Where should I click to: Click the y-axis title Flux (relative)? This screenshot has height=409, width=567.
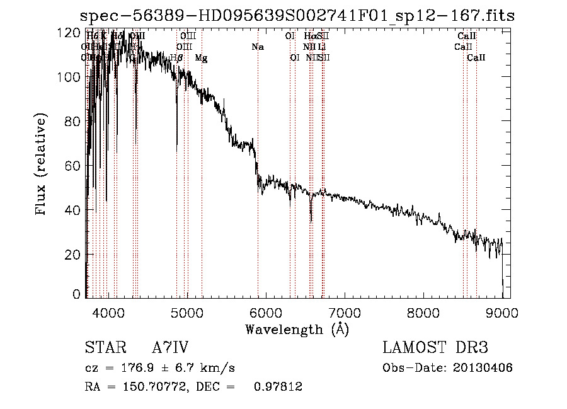[42, 165]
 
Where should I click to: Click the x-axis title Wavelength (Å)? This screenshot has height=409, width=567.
[297, 329]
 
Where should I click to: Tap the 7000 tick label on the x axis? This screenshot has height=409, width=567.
[345, 313]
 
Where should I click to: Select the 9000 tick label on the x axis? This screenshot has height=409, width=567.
[502, 313]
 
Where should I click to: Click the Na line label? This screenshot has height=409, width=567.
[257, 47]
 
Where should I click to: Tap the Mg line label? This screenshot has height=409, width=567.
[201, 58]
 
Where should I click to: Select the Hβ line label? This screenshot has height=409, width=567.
[176, 58]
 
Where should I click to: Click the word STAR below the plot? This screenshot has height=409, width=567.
[105, 348]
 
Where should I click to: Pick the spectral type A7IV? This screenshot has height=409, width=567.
[170, 348]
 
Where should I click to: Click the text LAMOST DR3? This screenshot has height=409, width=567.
[435, 348]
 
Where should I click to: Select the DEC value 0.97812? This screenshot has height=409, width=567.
[278, 387]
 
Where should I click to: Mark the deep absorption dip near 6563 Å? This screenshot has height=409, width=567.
[311, 218]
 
